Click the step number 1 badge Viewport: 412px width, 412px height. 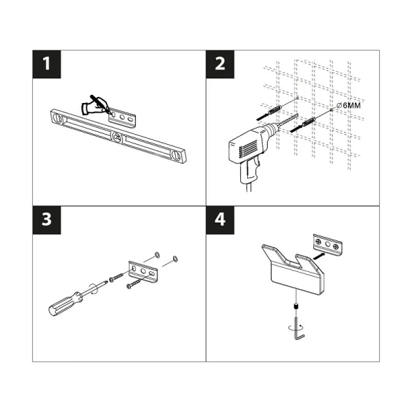pyautogui.click(x=47, y=65)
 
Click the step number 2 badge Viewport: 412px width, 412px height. pyautogui.click(x=220, y=65)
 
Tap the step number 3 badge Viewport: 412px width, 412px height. pyautogui.click(x=47, y=220)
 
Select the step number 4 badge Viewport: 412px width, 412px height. pyautogui.click(x=220, y=220)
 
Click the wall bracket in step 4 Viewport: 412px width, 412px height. pyautogui.click(x=328, y=244)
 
